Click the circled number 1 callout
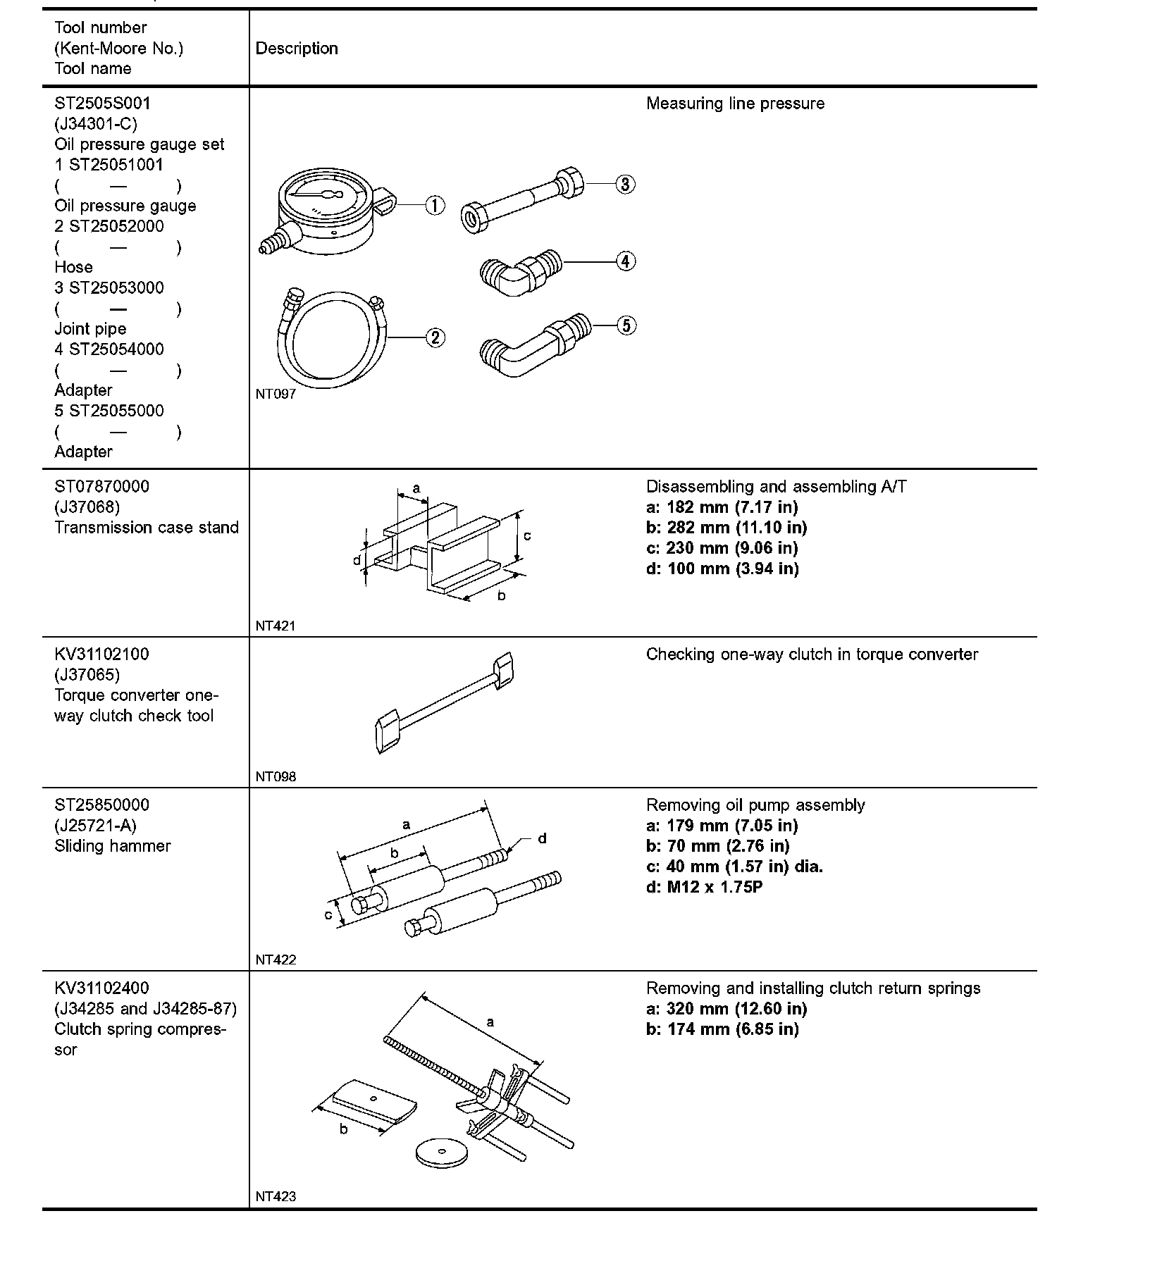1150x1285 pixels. (x=435, y=206)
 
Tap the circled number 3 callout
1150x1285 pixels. (x=625, y=184)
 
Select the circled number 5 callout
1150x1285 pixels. (x=626, y=325)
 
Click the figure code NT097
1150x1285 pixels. (x=276, y=395)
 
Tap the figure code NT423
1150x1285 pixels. (x=276, y=1196)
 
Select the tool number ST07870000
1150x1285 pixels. (x=102, y=487)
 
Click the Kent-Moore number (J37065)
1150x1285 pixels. (x=87, y=675)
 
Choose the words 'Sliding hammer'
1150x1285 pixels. (x=113, y=846)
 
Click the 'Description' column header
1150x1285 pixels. (x=297, y=49)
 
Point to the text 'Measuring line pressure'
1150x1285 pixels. (x=735, y=104)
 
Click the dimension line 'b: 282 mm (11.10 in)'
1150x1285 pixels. (x=727, y=528)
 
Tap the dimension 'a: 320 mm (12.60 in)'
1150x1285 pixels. (x=727, y=1009)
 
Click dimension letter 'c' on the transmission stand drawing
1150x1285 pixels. (x=527, y=536)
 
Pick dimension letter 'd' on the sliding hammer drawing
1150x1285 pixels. (x=543, y=838)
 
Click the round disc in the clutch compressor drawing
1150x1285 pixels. (x=441, y=1152)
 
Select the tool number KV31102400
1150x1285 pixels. (x=102, y=988)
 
